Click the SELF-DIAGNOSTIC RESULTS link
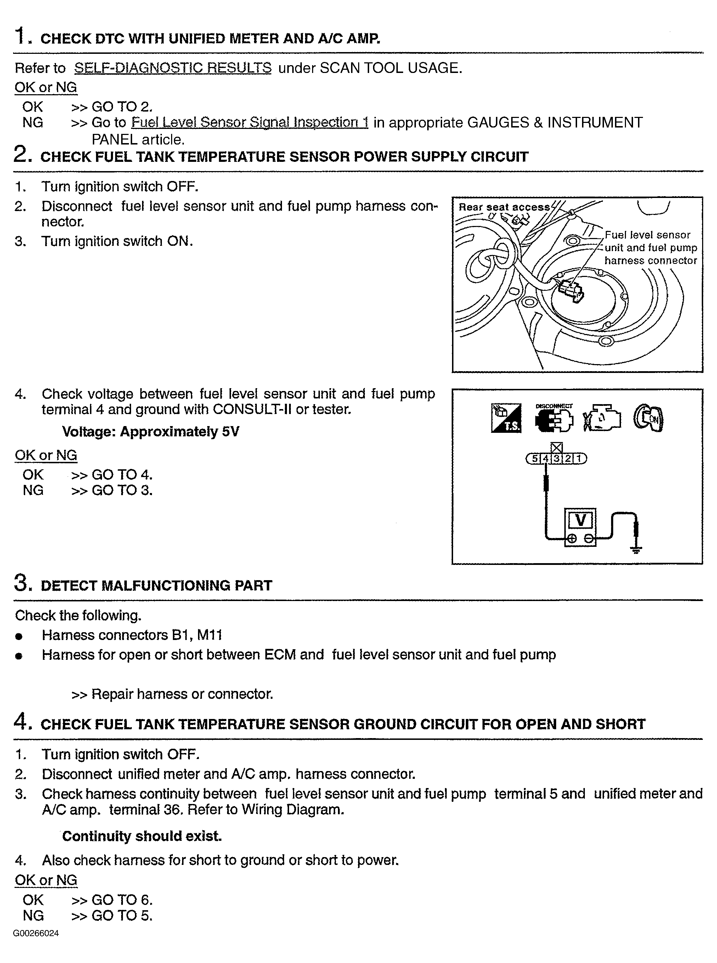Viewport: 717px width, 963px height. coord(173,68)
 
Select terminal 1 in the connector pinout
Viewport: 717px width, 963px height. coord(579,459)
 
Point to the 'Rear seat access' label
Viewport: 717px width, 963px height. coord(503,207)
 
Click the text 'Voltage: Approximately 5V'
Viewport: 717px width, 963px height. coord(150,432)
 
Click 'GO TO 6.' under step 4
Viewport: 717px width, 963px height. coord(122,900)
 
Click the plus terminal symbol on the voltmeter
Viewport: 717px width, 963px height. coord(572,539)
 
